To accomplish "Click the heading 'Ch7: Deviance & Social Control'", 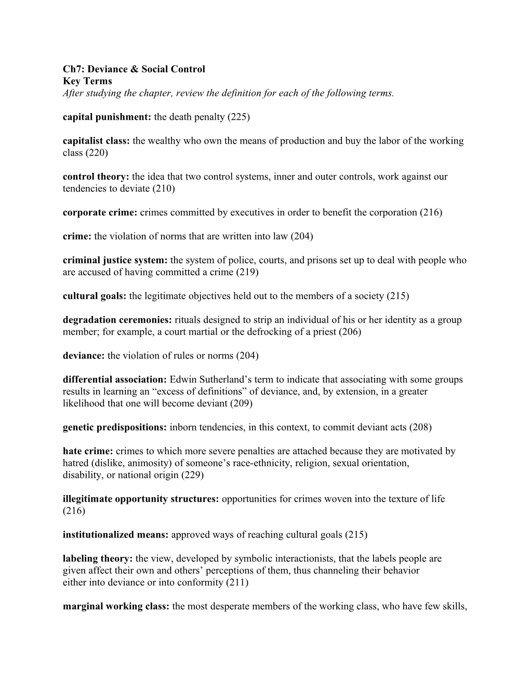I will coord(134,69).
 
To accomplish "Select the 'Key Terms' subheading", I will coord(87,81).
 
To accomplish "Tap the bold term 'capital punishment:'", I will coord(107,117).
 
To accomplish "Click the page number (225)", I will coord(239,117).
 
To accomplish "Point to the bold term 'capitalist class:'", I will coord(96,141).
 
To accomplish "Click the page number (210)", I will coord(164,188).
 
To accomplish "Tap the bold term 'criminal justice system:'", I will coord(115,260).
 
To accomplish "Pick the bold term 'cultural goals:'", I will coord(95,296).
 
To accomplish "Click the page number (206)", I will coord(350,332).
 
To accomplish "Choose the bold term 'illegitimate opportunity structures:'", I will coord(141,499).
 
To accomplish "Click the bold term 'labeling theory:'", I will coord(98,558).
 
